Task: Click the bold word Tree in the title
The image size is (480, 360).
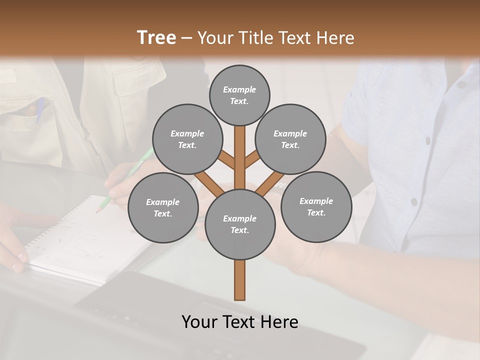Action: (x=156, y=37)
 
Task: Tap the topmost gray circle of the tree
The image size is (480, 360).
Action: (x=239, y=95)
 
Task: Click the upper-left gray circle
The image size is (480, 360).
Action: (x=187, y=139)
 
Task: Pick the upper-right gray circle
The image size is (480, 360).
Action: (x=290, y=139)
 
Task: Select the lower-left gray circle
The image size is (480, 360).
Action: (x=163, y=207)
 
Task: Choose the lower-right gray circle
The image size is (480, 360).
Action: (x=316, y=206)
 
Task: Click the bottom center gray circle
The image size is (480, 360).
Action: (x=240, y=224)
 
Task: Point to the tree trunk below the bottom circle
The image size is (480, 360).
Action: (x=240, y=280)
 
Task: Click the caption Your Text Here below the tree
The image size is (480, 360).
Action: (x=240, y=322)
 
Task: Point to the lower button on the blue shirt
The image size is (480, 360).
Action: (x=413, y=201)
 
